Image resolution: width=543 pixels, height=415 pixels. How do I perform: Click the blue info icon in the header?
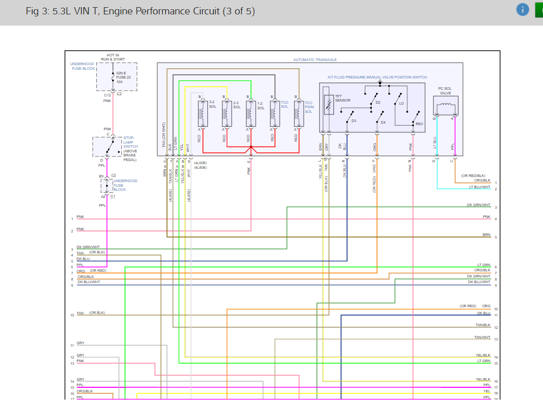pos(523,10)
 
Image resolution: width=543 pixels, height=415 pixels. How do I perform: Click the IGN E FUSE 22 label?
pos(123,77)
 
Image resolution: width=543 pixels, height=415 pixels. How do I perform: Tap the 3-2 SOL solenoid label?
pos(212,105)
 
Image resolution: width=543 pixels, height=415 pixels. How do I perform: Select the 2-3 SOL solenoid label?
pos(237,105)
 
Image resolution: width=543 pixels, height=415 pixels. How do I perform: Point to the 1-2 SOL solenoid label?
pos(261,105)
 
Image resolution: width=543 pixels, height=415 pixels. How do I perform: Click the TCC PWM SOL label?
pos(309,107)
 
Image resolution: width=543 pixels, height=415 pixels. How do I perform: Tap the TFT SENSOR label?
pos(343,98)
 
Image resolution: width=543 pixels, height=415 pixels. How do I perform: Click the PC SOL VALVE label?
pos(445,91)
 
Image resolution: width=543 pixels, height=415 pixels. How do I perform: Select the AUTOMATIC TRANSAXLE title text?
pos(315,60)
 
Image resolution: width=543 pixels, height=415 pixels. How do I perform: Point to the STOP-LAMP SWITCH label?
pos(130,142)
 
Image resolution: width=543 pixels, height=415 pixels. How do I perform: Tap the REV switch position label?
pos(420,124)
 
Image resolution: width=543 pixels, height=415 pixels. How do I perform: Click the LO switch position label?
pos(402,103)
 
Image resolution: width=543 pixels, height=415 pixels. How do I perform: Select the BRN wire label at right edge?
pos(486,235)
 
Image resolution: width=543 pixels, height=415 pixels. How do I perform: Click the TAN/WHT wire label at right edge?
pos(482,337)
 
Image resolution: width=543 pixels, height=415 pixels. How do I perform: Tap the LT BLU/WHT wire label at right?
pos(479,187)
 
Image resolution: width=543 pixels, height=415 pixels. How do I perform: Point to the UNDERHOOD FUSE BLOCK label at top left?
pos(82,66)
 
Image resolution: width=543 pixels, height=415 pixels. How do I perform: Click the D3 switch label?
pos(353,121)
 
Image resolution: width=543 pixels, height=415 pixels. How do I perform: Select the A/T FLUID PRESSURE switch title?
pos(377,77)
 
